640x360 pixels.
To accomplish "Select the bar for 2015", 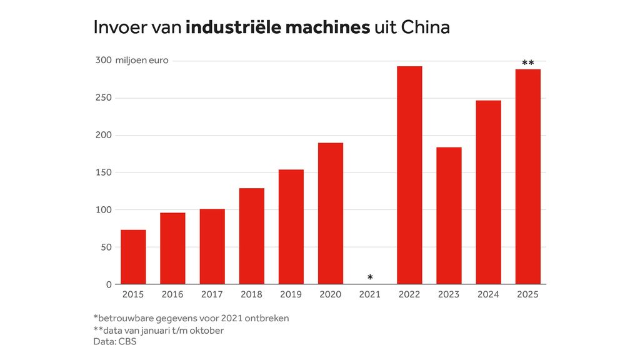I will pyautogui.click(x=133, y=257).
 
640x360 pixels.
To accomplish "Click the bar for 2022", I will pyautogui.click(x=409, y=175).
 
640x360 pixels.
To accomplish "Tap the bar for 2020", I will pyautogui.click(x=331, y=213).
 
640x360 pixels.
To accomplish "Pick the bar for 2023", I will pyautogui.click(x=449, y=216).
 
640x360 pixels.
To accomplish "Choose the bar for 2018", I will pyautogui.click(x=251, y=236).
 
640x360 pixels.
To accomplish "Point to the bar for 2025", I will pyautogui.click(x=527, y=176).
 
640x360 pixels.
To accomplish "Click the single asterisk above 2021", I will pyautogui.click(x=370, y=277).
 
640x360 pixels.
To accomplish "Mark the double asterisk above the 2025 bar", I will pyautogui.click(x=527, y=63).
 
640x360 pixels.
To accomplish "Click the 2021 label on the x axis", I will pyautogui.click(x=370, y=294).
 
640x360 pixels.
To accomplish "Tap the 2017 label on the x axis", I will pyautogui.click(x=212, y=294).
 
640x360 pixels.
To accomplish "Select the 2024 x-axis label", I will pyautogui.click(x=488, y=294).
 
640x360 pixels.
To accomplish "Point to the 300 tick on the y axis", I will pyautogui.click(x=103, y=61).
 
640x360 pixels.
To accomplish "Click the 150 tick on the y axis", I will pyautogui.click(x=103, y=172).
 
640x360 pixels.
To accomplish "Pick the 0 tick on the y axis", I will pyautogui.click(x=109, y=284).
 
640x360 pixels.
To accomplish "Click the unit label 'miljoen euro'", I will pyautogui.click(x=142, y=61).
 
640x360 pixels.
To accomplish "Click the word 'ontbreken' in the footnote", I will pyautogui.click(x=267, y=318).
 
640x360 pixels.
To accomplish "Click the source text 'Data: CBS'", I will pyautogui.click(x=114, y=341).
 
